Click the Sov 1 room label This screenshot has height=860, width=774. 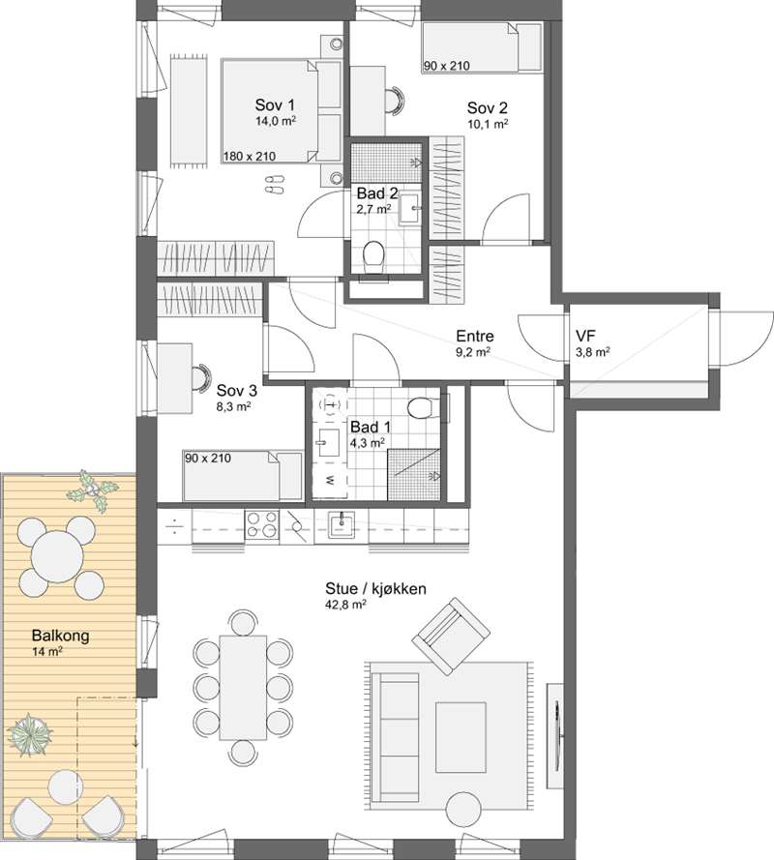(275, 104)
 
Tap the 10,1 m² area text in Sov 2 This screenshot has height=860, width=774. (488, 124)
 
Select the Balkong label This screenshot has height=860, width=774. (60, 636)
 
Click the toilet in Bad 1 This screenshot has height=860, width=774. (424, 406)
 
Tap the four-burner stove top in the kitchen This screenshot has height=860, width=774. (261, 524)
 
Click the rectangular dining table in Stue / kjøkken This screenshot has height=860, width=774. (243, 687)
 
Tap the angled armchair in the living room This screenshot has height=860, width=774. (451, 637)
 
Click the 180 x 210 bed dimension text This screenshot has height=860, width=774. (250, 157)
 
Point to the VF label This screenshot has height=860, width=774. (586, 336)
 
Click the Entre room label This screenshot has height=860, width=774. (475, 336)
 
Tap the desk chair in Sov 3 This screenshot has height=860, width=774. (201, 377)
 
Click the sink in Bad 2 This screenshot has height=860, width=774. (408, 208)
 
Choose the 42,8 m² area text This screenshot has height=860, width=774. (345, 605)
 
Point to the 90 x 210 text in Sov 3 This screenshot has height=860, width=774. (208, 458)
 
